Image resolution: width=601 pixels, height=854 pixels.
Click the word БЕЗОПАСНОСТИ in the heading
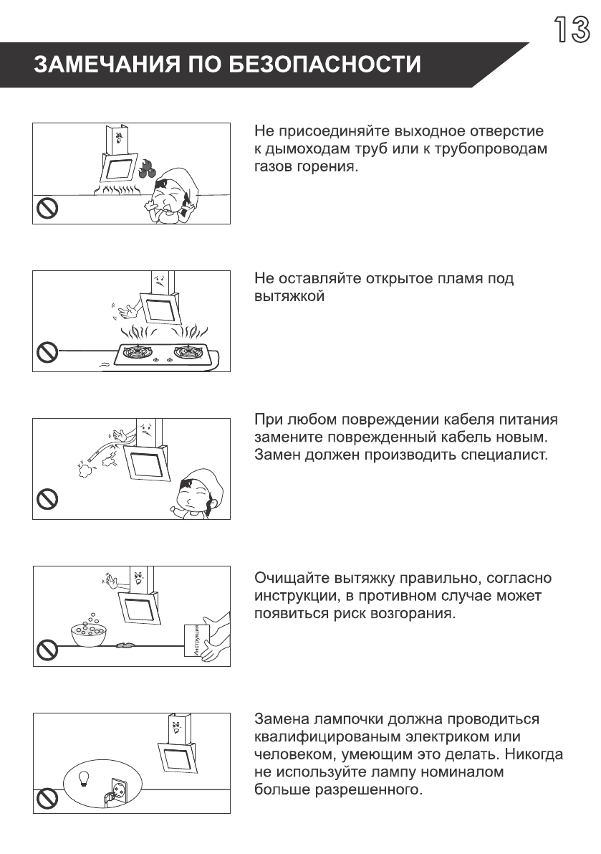pyautogui.click(x=324, y=65)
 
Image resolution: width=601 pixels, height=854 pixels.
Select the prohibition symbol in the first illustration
pyautogui.click(x=47, y=209)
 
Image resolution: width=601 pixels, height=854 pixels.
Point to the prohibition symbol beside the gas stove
pyautogui.click(x=47, y=352)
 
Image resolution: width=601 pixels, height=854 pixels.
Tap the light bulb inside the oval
pyautogui.click(x=83, y=777)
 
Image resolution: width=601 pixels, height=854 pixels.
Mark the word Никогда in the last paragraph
pyautogui.click(x=534, y=754)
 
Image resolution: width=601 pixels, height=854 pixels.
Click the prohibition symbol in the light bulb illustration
pyautogui.click(x=47, y=797)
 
